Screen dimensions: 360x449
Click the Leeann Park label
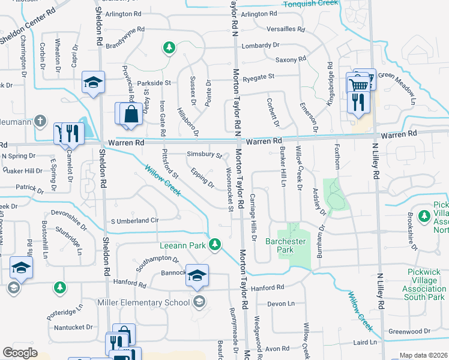182,245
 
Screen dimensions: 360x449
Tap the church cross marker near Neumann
40,121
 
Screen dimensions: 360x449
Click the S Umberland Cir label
134,221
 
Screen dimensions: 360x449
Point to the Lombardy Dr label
261,46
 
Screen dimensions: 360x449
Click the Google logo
20,353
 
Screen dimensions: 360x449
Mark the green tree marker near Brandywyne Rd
169,47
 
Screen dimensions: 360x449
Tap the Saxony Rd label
291,59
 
